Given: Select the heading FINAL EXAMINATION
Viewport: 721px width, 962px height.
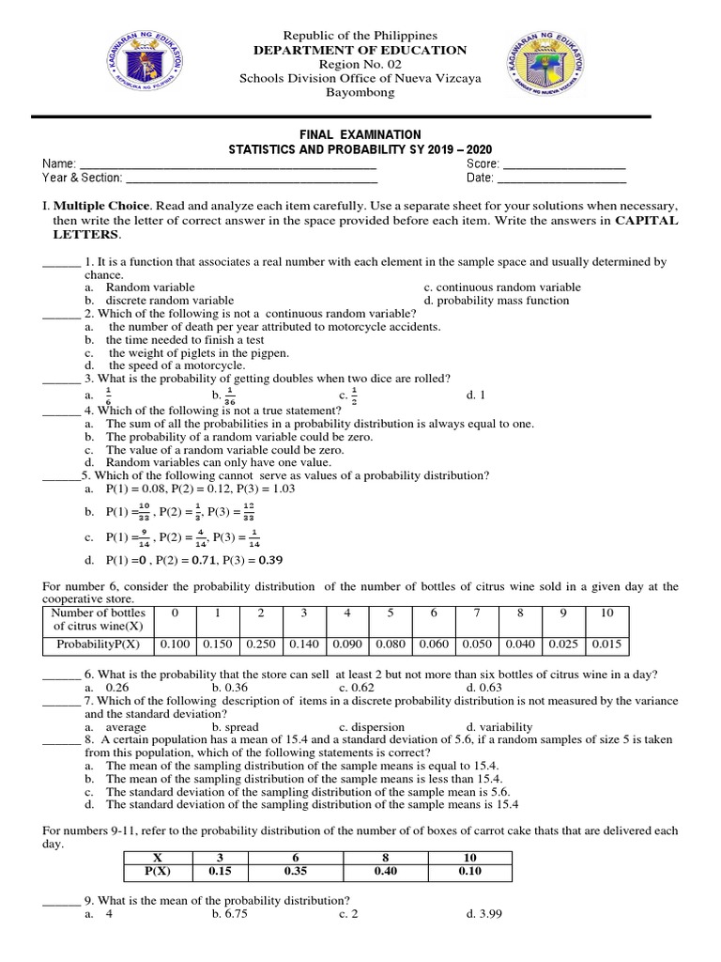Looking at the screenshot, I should [x=360, y=135].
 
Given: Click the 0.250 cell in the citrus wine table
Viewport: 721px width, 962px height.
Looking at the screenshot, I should [x=260, y=644].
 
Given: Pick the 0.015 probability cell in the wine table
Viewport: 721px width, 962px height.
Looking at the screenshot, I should [x=606, y=644].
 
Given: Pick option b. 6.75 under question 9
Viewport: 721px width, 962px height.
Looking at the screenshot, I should [x=229, y=913].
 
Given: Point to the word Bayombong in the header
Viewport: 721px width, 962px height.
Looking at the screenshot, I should [x=360, y=93].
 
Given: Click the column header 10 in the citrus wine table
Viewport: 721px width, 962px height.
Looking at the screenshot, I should [x=606, y=613].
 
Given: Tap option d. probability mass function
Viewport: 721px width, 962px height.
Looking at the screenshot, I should [x=496, y=301].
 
